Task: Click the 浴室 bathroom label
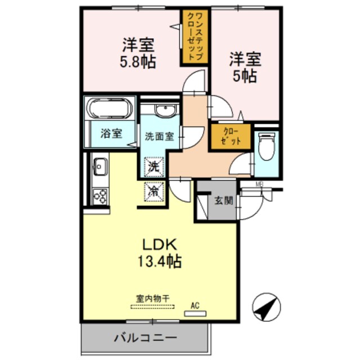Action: tap(111, 134)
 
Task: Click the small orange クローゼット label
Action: tap(231, 137)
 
